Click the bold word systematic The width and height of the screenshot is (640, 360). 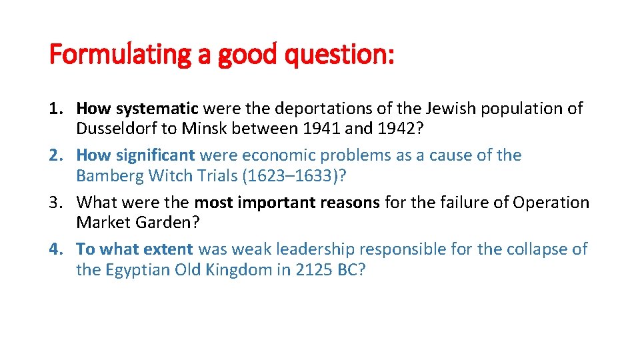pyautogui.click(x=157, y=108)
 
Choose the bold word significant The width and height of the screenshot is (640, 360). pyautogui.click(x=155, y=155)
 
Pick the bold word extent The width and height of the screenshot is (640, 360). pyautogui.click(x=171, y=249)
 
